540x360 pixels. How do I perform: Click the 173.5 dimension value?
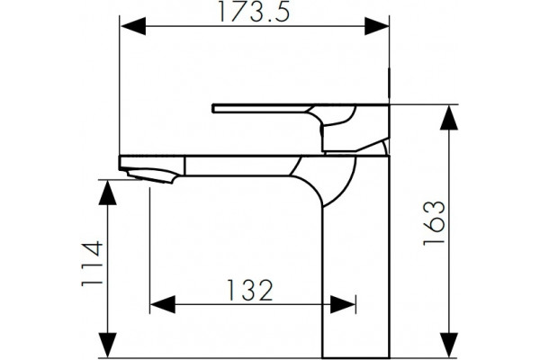point(254,12)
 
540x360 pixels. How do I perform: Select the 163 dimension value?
point(434,223)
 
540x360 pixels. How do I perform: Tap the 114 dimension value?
point(93,264)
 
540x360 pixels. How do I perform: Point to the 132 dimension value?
point(250,290)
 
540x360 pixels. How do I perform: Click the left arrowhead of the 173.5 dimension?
point(133,26)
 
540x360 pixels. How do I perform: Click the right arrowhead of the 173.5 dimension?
point(377,26)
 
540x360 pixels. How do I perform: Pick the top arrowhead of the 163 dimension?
point(449,118)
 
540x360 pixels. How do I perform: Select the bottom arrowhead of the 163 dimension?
point(449,346)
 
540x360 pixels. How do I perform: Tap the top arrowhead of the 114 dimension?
point(108,193)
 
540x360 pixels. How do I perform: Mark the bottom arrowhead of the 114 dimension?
point(108,346)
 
